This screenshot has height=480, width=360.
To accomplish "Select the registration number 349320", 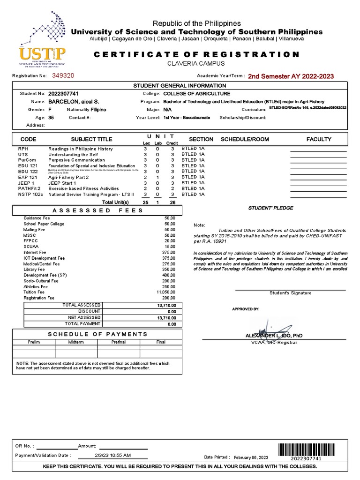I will (x=62, y=75).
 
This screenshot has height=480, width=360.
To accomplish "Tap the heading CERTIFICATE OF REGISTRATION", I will (x=196, y=54).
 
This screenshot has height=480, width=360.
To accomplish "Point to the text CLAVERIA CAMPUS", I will (x=196, y=64).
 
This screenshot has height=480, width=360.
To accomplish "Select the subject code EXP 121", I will (x=27, y=178).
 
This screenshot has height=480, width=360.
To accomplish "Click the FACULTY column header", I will (x=319, y=139).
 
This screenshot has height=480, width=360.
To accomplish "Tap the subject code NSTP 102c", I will (x=30, y=194).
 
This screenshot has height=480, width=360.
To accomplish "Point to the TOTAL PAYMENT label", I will (x=82, y=323).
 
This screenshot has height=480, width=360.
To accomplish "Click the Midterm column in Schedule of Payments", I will (x=76, y=342).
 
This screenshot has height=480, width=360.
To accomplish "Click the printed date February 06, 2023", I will (x=251, y=457).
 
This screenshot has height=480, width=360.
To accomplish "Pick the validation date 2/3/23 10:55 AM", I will (x=112, y=455).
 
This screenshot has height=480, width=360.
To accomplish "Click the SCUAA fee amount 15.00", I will (x=170, y=247).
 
